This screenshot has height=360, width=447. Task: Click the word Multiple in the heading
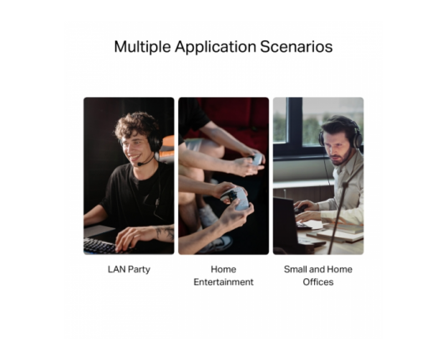pos(142,47)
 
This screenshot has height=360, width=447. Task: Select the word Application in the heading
pos(216,47)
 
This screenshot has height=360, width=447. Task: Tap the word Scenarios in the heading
pos(297,47)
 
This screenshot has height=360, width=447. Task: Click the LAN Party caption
pos(129,269)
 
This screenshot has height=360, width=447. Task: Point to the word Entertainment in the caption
pos(224,281)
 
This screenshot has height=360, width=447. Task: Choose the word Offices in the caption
pos(318,281)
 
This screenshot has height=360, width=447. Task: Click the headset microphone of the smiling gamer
pos(145,162)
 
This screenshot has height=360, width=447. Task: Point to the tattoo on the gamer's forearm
pos(165,232)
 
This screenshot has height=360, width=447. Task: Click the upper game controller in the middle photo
pos(257,159)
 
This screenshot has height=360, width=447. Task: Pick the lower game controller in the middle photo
pos(236,198)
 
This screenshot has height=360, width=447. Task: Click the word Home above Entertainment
pos(224,269)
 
